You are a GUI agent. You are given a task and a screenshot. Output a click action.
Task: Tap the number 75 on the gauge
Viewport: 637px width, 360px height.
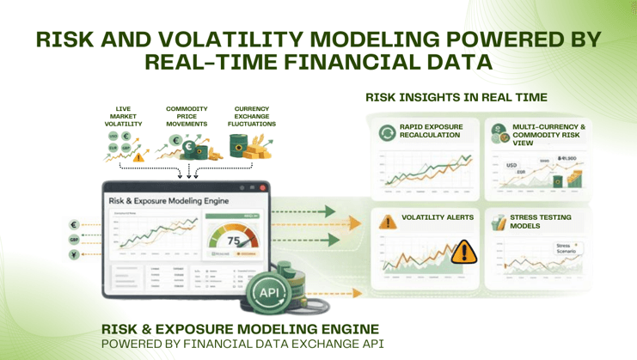232,241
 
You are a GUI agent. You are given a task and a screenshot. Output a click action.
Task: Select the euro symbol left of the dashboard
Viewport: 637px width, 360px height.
75,225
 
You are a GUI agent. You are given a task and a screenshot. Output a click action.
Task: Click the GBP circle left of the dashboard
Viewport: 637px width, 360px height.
75,240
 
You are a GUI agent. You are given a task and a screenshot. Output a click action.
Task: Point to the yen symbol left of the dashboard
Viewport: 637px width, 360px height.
75,255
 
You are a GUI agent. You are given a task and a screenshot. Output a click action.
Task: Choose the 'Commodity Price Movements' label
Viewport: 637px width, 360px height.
187,117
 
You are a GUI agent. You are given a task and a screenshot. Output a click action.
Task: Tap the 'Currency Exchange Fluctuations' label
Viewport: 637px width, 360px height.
251,117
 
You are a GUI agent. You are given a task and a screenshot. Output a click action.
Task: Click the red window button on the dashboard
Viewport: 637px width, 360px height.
262,187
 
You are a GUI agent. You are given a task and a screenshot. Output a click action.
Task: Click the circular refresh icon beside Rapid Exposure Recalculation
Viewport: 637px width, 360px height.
387,132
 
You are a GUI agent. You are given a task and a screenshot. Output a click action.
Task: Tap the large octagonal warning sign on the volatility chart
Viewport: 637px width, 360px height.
463,251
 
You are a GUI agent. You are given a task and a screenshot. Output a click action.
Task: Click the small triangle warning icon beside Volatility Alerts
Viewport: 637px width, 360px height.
389,222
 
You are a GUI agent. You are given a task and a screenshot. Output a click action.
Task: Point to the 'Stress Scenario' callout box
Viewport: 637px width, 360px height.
566,248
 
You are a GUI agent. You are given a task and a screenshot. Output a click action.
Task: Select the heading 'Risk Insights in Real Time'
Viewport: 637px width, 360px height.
456,98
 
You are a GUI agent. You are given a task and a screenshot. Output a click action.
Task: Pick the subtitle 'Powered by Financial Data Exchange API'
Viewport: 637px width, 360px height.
242,343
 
